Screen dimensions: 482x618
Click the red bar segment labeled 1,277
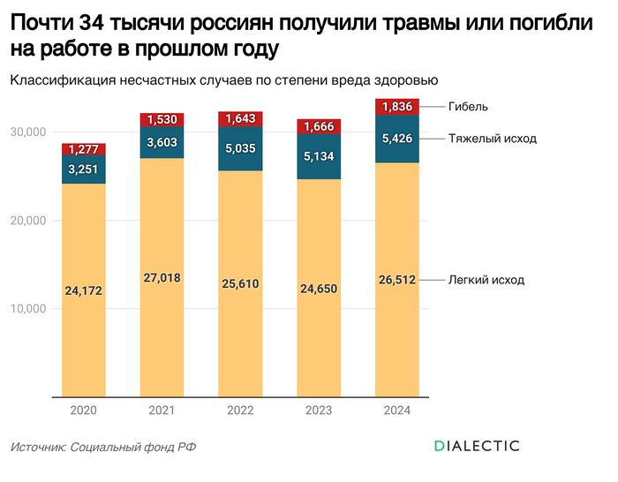[x=83, y=149]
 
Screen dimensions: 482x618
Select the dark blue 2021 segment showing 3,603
[x=162, y=142]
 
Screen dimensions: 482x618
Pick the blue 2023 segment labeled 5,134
[x=319, y=156]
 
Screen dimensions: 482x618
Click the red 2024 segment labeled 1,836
[x=397, y=107]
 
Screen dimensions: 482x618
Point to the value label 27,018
[x=162, y=277]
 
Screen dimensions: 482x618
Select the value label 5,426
[x=397, y=139]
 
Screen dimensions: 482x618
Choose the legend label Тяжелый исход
[x=492, y=139]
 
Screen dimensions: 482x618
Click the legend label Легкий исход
[x=486, y=280]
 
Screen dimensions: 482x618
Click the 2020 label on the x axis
[x=83, y=410]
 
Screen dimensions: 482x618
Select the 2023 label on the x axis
[x=319, y=410]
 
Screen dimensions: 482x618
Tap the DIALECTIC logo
[x=477, y=446]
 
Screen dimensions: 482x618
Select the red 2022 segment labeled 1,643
[x=240, y=118]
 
